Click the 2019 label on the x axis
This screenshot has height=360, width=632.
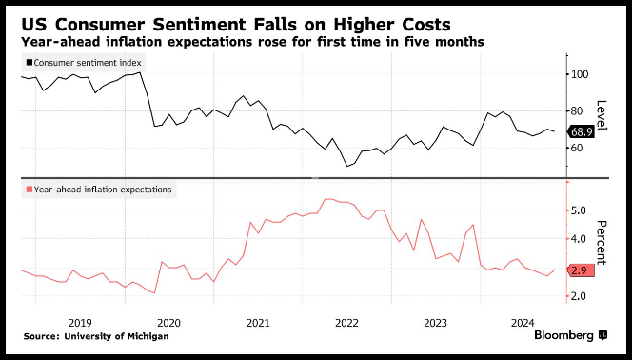click(80, 323)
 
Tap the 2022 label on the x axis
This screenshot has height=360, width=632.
click(346, 323)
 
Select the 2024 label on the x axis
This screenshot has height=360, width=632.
click(523, 323)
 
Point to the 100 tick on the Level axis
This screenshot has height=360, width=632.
click(580, 74)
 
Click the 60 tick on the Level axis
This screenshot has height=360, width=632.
click(578, 148)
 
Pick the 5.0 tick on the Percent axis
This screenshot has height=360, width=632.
click(580, 210)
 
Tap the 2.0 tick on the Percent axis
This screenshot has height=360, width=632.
click(580, 296)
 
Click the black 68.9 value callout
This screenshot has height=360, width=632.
click(581, 131)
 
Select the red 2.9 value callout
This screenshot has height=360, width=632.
click(581, 270)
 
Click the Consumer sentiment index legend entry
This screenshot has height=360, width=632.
click(84, 63)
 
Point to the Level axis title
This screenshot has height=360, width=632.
click(602, 115)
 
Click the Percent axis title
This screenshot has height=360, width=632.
click(602, 242)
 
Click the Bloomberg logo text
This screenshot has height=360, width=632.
click(563, 335)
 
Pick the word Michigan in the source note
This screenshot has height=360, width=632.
click(149, 336)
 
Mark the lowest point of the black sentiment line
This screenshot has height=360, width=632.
click(347, 166)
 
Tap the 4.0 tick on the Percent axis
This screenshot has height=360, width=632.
click(580, 239)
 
